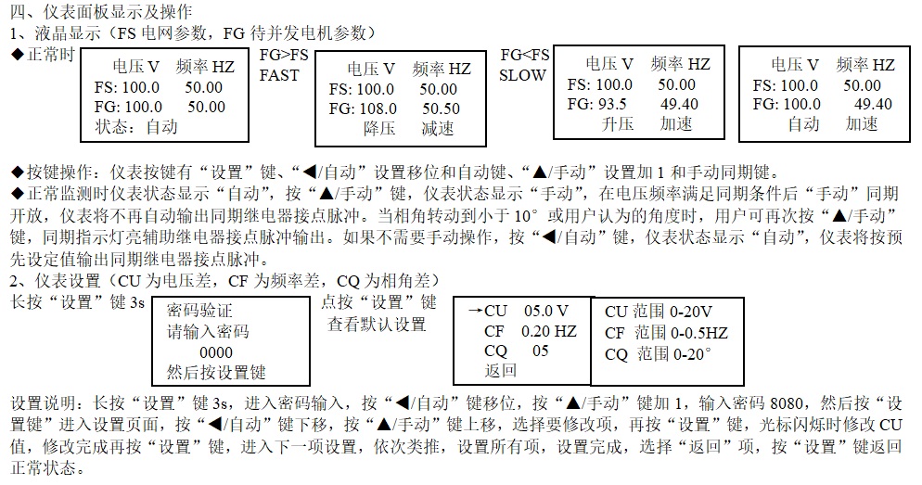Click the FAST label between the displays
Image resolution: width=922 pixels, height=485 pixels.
point(278,75)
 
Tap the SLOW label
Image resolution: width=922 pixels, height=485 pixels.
point(522,75)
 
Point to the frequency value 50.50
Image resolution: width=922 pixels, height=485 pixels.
point(440,108)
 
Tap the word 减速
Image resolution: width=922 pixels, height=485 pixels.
point(437,128)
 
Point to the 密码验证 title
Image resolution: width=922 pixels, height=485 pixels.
point(199,311)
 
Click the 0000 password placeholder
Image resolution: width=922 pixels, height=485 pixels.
point(215,352)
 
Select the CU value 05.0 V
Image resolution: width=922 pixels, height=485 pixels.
point(545,311)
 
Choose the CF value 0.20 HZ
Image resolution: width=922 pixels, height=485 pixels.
point(548,331)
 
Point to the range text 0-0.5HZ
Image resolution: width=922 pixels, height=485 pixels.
point(694,333)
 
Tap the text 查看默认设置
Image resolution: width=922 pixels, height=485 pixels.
point(377,324)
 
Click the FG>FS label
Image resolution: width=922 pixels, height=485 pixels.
point(284,56)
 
